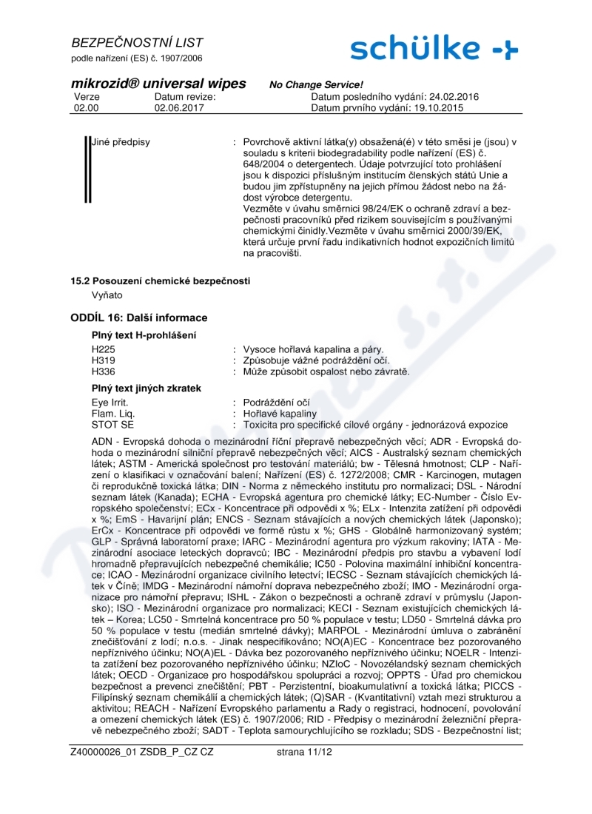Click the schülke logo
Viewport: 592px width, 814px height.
click(434, 48)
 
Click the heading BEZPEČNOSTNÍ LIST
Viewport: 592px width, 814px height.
click(138, 43)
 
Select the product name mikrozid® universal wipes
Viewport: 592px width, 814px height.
click(159, 84)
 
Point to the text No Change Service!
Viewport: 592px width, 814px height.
click(316, 85)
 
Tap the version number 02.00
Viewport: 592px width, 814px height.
click(86, 107)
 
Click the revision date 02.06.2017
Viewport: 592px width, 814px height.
click(179, 107)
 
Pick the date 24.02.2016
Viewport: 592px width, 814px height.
click(453, 96)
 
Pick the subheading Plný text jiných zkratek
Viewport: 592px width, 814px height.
click(147, 388)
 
